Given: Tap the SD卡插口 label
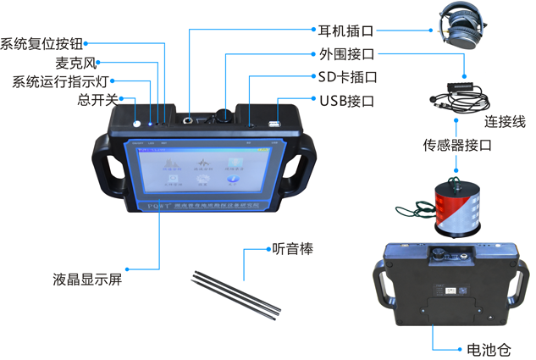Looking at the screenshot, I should click(347, 77).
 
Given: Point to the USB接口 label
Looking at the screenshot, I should click(346, 101).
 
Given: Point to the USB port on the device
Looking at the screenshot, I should click(275, 125).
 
